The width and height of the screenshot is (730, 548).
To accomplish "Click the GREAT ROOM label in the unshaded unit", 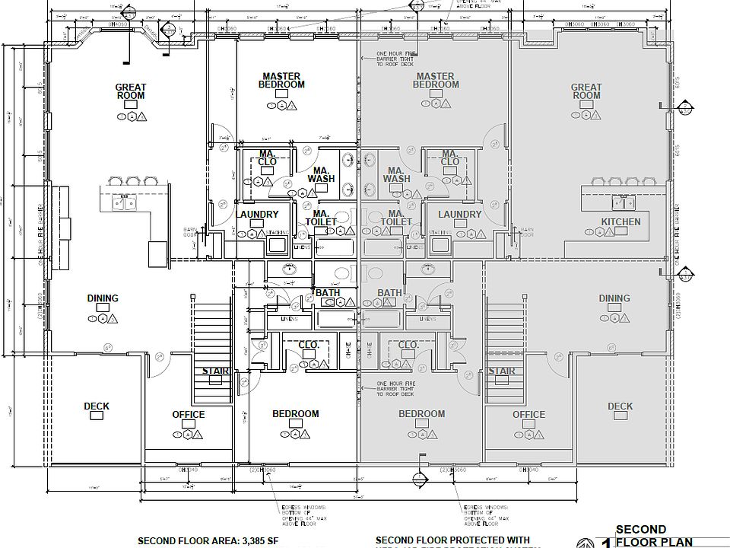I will [x=131, y=91].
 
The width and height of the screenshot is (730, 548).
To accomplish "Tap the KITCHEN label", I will [x=620, y=222].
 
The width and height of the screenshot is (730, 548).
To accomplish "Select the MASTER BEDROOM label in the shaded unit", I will [x=436, y=81].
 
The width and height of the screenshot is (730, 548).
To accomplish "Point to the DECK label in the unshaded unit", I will [x=97, y=406].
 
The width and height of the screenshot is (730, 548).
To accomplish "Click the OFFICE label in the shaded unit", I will [x=528, y=415].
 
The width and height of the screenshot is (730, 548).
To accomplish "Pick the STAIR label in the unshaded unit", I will [x=215, y=371].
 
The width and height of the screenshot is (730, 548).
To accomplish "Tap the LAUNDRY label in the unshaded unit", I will [x=257, y=215].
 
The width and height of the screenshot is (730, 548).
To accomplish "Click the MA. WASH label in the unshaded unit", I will [x=321, y=175].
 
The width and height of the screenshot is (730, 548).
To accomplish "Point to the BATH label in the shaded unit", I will [x=389, y=293].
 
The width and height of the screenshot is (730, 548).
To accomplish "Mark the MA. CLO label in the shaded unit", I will [x=449, y=158].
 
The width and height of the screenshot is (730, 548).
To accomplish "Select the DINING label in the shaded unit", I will [x=614, y=298].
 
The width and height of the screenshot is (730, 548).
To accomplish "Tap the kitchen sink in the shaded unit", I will [x=625, y=202].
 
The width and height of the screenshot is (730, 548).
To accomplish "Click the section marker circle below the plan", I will [x=417, y=478].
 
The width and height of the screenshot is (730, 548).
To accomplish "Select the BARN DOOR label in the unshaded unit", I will [x=190, y=232].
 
